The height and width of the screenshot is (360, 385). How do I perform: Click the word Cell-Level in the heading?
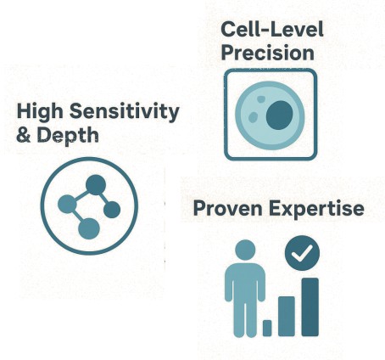[x=271, y=29]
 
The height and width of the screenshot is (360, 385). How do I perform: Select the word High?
[x=40, y=111]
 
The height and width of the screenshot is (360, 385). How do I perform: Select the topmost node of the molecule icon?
[x=96, y=183]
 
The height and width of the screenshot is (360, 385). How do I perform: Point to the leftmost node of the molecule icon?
[x=66, y=204]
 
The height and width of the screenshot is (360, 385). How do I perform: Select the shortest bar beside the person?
[x=267, y=327]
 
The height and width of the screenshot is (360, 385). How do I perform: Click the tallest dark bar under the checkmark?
[x=310, y=306]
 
